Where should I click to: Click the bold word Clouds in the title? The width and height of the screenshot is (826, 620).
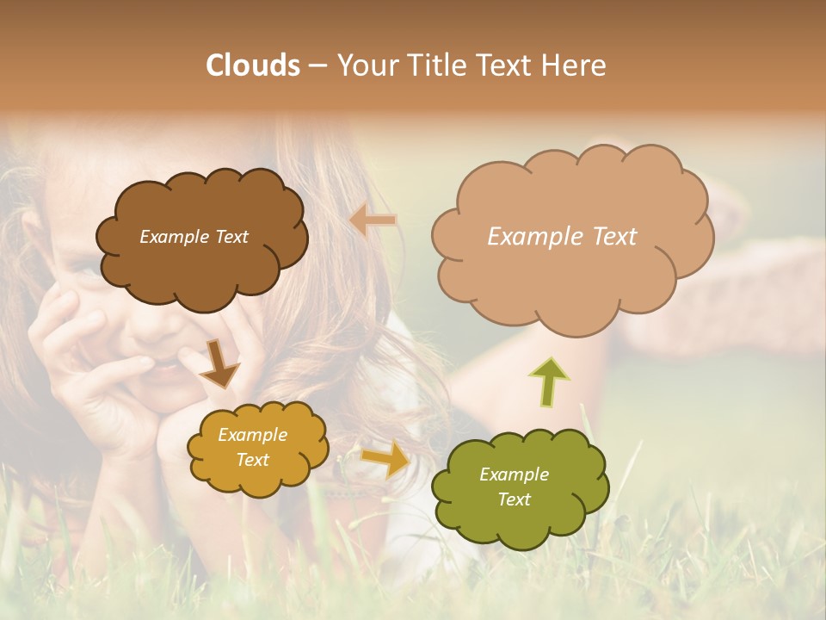tap(253, 65)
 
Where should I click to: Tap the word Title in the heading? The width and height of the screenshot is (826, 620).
tap(431, 65)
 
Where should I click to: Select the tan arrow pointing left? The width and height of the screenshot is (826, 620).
tap(373, 220)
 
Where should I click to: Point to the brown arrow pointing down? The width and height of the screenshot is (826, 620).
tap(220, 363)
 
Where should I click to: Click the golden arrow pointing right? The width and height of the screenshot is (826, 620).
tap(385, 459)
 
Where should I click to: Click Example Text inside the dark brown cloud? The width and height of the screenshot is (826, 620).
tap(194, 237)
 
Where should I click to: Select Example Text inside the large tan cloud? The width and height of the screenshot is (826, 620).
tap(562, 237)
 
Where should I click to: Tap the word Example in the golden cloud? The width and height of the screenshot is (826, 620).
tap(252, 435)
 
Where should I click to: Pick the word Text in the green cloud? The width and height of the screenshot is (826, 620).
tap(514, 499)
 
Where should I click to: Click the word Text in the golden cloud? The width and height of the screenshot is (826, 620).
tap(252, 460)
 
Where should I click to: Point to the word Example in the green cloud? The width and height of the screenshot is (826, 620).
tap(514, 474)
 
